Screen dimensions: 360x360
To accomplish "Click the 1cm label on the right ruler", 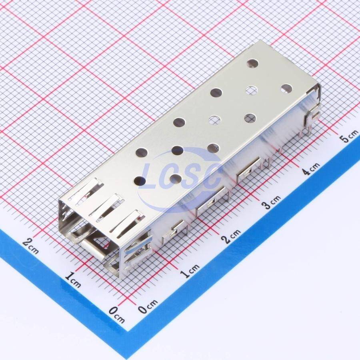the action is coord(190,270).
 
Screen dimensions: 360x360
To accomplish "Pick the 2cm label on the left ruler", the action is coord(31,246).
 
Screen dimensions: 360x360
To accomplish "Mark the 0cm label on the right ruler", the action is coord(148,306).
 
